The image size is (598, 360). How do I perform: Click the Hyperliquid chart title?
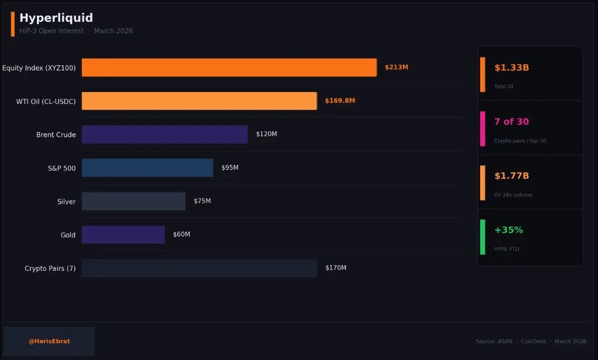click(x=56, y=18)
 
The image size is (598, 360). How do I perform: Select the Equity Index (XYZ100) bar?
click(x=229, y=68)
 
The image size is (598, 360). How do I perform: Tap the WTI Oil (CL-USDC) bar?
click(x=199, y=101)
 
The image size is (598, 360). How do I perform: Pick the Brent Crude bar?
click(x=165, y=135)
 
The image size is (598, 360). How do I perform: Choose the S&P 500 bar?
click(x=147, y=168)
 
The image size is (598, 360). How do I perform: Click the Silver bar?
click(x=133, y=201)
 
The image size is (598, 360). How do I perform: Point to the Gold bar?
click(x=123, y=235)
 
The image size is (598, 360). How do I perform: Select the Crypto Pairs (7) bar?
click(x=199, y=268)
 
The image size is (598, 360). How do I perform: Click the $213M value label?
click(x=397, y=68)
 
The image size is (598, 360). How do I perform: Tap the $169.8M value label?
click(x=340, y=101)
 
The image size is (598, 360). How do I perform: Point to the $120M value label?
click(x=267, y=135)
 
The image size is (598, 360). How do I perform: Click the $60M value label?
click(x=181, y=234)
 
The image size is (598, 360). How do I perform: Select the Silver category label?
click(x=66, y=201)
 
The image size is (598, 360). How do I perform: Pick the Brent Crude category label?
click(x=56, y=135)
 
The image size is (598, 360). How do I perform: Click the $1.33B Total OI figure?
click(x=512, y=68)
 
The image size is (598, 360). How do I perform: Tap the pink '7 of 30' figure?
click(x=512, y=122)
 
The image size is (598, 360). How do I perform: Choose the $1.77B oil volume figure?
click(x=512, y=176)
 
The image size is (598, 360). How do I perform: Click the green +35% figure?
click(x=509, y=230)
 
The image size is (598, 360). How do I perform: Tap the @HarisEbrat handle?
click(x=49, y=341)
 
